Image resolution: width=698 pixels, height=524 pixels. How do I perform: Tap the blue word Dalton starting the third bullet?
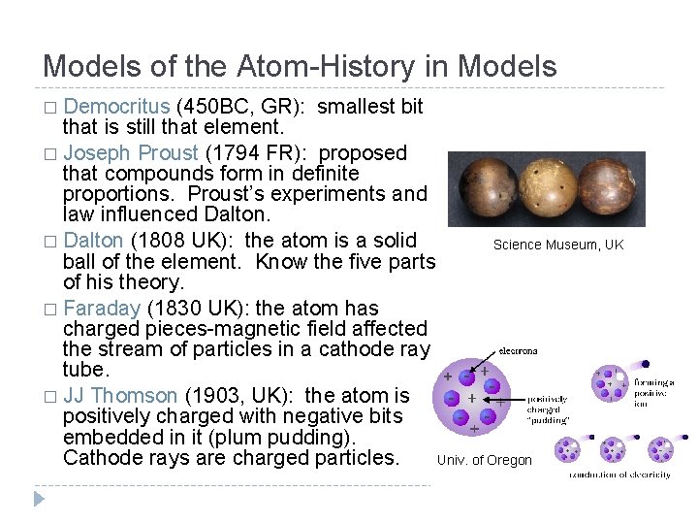94,240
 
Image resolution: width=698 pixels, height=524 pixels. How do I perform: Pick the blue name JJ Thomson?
119,395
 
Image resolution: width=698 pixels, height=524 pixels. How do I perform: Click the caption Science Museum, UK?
557,245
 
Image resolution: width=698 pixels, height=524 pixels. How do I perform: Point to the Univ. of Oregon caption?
485,460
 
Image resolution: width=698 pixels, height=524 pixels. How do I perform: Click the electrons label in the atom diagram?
519,350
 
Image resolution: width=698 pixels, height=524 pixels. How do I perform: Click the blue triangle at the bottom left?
39,499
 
